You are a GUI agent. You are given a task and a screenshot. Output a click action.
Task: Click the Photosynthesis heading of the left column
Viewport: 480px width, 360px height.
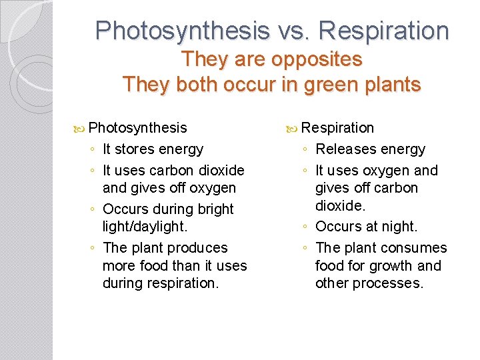point(137,127)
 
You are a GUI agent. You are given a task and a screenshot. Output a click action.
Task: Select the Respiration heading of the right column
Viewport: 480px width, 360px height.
point(338,127)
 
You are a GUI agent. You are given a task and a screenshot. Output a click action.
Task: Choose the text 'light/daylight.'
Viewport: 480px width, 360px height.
point(145,227)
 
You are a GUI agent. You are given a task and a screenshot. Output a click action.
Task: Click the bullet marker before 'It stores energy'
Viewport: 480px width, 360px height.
point(93,150)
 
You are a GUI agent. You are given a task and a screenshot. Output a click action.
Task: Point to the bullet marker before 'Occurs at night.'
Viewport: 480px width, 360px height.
point(305,227)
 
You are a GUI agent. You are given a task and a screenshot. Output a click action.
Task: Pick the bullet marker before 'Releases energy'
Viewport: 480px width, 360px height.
point(305,150)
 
